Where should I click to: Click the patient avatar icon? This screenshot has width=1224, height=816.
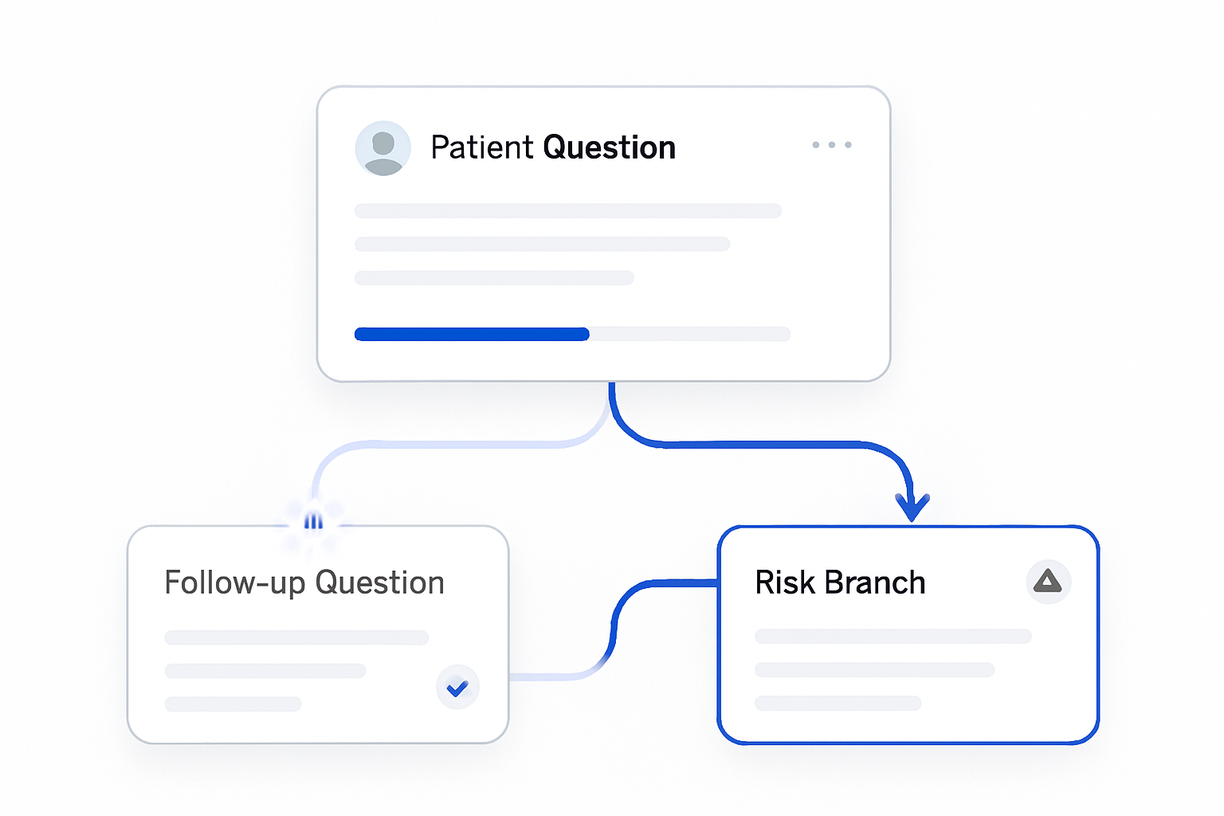tap(382, 148)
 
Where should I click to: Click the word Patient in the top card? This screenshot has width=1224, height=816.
tap(481, 147)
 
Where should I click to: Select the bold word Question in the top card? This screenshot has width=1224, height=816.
tap(610, 148)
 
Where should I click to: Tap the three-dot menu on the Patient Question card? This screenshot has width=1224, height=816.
tap(832, 145)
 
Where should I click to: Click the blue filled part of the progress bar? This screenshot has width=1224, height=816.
tap(472, 334)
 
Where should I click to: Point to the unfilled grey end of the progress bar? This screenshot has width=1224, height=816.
tap(690, 334)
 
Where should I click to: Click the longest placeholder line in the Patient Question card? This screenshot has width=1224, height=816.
tap(567, 211)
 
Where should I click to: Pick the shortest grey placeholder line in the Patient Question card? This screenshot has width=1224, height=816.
tap(494, 277)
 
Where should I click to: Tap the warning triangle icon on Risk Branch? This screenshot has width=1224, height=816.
tap(1048, 582)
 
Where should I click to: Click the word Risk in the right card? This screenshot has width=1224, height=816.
tap(785, 583)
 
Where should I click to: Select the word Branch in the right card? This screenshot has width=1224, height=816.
tap(875, 583)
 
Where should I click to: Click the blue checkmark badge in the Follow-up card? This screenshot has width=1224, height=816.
tap(457, 687)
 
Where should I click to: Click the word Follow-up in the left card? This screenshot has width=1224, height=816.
tap(235, 583)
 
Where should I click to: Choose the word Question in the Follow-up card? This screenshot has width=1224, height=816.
tap(380, 583)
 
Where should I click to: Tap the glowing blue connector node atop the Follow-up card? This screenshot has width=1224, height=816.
tap(313, 521)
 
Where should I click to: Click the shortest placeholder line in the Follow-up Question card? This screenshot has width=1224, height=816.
tap(233, 704)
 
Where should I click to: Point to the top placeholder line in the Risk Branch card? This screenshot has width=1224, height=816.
tap(892, 636)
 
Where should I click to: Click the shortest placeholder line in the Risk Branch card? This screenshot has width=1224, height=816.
tap(838, 703)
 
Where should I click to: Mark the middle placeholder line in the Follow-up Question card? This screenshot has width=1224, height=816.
tap(265, 671)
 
